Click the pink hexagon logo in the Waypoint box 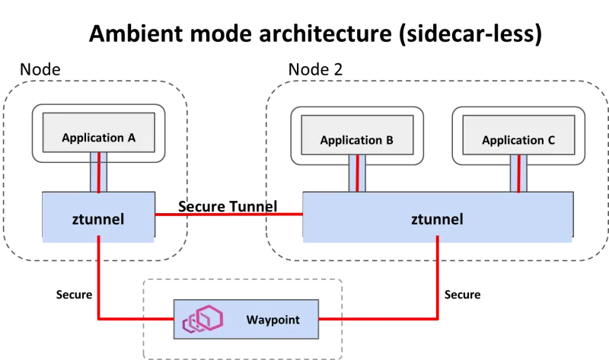pos(202,321)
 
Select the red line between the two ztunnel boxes pos(228,215)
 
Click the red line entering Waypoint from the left pos(137,318)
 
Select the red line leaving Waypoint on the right pos(377,318)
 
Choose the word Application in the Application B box pos(350,141)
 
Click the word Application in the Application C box pos(512,141)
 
